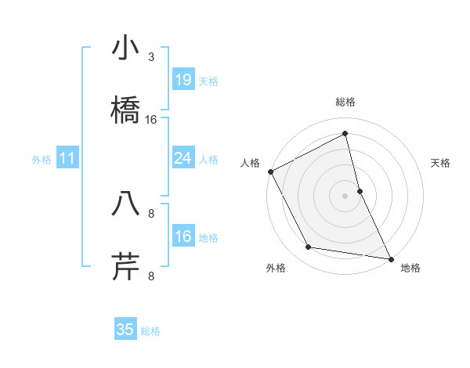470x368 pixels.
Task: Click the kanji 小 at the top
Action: click(125, 49)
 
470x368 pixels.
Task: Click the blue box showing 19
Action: click(183, 80)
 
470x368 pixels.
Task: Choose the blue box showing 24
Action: click(183, 158)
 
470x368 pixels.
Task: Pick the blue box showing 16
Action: click(183, 236)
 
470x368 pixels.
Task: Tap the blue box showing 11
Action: click(67, 158)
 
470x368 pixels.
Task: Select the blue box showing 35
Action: click(125, 330)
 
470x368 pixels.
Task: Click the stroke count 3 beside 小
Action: click(151, 57)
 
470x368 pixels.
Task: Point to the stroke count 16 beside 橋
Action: click(151, 120)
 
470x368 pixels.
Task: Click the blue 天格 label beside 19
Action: click(208, 81)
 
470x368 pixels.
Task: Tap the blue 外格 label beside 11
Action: click(42, 159)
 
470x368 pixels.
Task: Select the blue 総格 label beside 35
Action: click(150, 330)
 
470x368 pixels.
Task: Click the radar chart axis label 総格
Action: click(345, 102)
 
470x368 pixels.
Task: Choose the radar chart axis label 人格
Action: click(250, 163)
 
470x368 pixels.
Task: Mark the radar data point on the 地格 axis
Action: click(390, 258)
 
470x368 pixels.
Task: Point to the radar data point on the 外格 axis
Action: click(309, 247)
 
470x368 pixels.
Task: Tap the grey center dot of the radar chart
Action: click(345, 196)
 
